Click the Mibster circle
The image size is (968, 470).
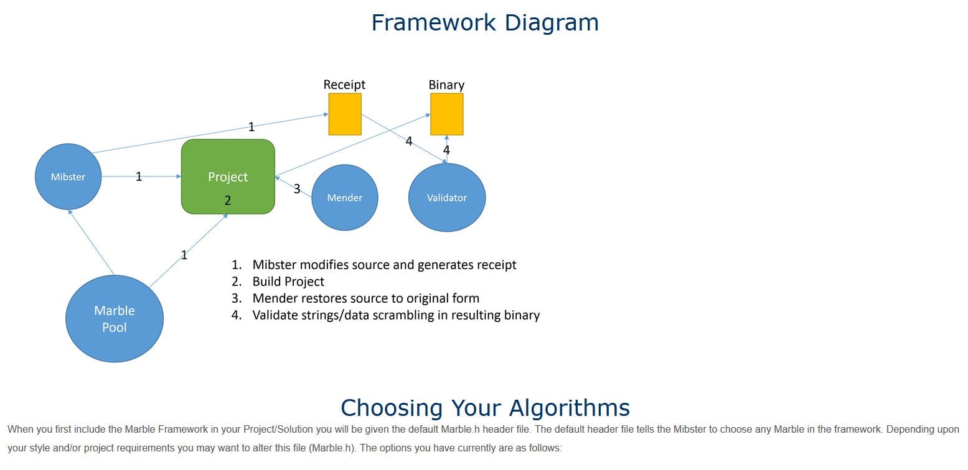tap(68, 177)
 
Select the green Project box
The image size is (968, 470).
tap(228, 177)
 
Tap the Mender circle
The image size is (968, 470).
tap(345, 197)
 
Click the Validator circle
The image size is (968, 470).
tap(447, 197)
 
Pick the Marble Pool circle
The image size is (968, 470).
tap(115, 318)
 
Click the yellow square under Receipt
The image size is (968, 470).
tap(345, 114)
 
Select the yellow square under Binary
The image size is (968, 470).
tap(447, 114)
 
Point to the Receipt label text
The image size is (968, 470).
tap(344, 85)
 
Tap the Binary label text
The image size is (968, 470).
tap(446, 85)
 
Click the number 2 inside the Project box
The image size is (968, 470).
tap(228, 200)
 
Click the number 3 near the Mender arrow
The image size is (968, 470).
tap(297, 188)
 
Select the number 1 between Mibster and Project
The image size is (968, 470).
tap(139, 177)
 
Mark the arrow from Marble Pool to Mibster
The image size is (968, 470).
tap(91, 242)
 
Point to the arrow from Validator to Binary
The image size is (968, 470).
tap(447, 149)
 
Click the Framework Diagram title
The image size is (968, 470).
tap(485, 22)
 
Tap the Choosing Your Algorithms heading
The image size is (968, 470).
tap(485, 407)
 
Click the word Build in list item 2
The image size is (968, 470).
tap(264, 282)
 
